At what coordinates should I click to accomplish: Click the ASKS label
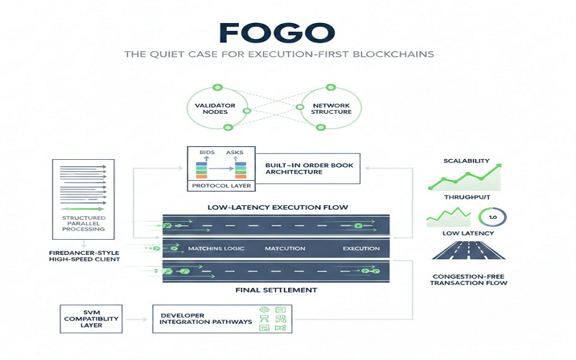click(235, 153)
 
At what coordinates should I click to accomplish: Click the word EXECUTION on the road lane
click(361, 248)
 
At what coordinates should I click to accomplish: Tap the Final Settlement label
click(276, 292)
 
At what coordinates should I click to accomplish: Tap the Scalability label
click(467, 161)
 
